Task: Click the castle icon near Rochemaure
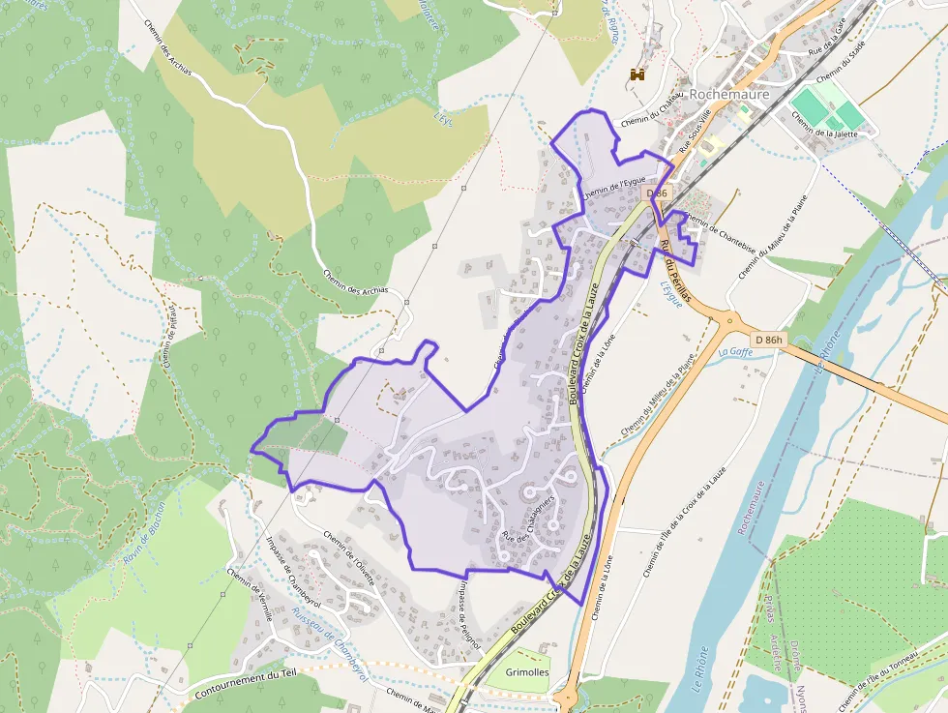tap(637, 74)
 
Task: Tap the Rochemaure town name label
tap(730, 94)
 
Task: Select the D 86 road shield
tap(657, 193)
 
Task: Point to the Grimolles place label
tap(527, 671)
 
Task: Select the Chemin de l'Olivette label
tap(347, 552)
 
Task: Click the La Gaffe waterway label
tap(735, 352)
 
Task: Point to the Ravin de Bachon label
tap(145, 533)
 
